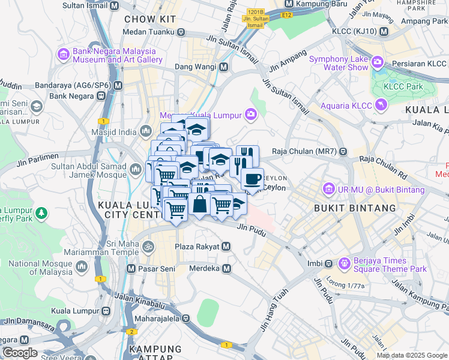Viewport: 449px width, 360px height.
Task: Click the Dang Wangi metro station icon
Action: click(223, 67)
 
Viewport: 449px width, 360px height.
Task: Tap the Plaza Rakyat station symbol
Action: click(226, 247)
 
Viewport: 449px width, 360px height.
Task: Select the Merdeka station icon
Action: click(226, 269)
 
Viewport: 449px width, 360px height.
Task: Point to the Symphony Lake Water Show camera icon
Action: click(378, 62)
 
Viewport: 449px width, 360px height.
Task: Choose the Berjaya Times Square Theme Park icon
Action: click(344, 263)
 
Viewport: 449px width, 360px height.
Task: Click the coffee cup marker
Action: click(252, 179)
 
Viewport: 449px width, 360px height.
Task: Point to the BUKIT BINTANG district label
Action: click(355, 208)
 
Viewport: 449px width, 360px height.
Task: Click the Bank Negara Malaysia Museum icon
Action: click(63, 55)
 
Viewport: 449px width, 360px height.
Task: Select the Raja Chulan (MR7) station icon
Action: click(343, 151)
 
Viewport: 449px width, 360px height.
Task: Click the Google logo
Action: click(20, 352)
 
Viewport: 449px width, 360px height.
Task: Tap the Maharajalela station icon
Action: click(186, 319)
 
